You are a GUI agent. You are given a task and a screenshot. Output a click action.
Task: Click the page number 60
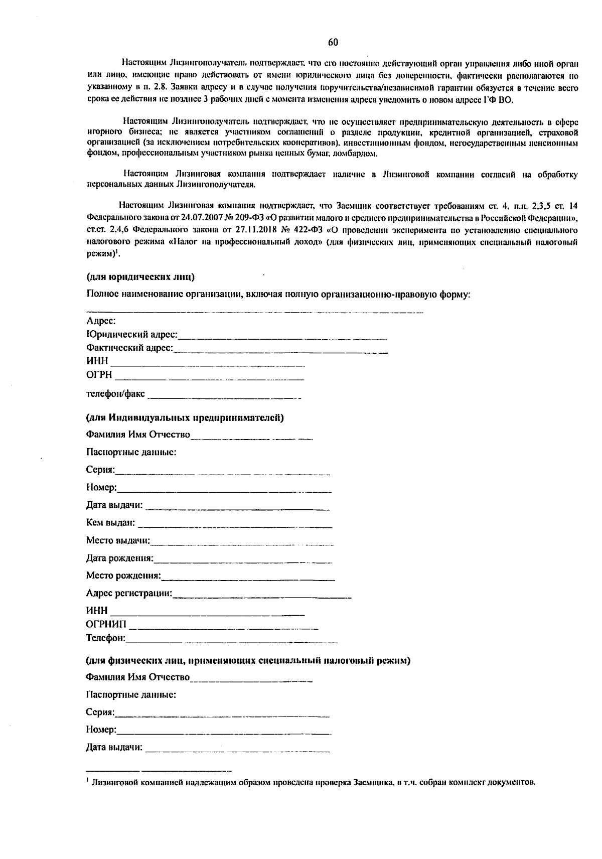coord(333,42)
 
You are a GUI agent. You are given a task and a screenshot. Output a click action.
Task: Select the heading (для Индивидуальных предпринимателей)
coord(185,417)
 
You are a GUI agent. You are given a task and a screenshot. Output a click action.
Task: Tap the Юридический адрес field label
coord(132,334)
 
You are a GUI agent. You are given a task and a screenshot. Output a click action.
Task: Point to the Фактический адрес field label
coord(129,348)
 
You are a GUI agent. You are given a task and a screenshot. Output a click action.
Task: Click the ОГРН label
coord(99,375)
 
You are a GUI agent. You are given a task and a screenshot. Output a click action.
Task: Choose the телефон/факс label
coord(115,394)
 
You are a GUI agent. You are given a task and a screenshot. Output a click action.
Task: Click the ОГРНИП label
coord(106,624)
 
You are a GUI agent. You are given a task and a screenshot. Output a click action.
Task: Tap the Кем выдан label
coord(111,523)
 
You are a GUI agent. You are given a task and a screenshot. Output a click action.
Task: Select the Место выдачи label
coord(118,540)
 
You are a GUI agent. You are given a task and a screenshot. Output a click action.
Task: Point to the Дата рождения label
coord(120,558)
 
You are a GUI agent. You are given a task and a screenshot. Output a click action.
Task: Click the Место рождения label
coord(123,576)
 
